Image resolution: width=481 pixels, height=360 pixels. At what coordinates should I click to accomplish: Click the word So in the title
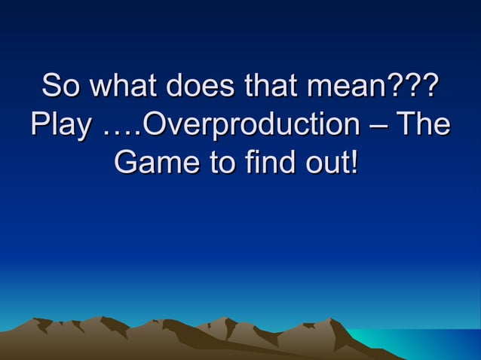click(60, 85)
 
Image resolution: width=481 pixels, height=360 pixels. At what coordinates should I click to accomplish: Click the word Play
click(58, 124)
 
